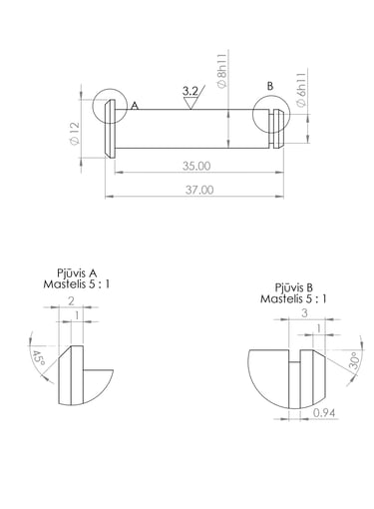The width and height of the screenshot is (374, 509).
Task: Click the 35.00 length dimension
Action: tap(196, 166)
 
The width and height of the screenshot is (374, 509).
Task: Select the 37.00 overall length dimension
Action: tap(199, 190)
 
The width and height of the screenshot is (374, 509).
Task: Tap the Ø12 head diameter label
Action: tap(75, 134)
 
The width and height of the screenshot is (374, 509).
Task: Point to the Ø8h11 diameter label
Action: tap(222, 71)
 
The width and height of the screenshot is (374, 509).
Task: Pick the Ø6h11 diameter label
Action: tap(301, 90)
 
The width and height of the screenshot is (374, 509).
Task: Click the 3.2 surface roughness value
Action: tap(190, 91)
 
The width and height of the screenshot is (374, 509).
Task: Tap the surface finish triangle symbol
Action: tap(190, 103)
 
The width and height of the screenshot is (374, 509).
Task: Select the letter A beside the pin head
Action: tap(135, 106)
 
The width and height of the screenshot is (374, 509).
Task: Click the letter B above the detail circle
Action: tap(270, 86)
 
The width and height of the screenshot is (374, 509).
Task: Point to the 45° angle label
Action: tap(38, 359)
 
